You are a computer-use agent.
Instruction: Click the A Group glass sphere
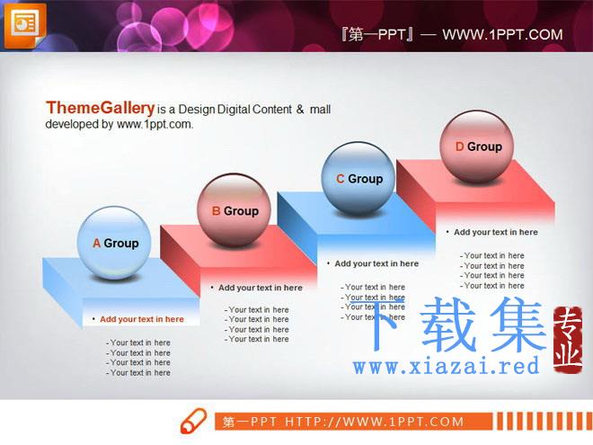114,244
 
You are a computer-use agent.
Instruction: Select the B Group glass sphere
234,210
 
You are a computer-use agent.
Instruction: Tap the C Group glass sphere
358,179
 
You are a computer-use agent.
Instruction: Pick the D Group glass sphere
476,147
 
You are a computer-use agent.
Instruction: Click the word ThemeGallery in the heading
101,108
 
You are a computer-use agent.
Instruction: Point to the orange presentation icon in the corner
25,25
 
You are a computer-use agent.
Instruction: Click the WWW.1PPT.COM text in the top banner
502,35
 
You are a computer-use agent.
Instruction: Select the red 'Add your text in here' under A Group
142,319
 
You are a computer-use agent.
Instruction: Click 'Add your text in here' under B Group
261,288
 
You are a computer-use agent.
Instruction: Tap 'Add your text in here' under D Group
496,232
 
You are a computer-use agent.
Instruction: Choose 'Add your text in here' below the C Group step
376,263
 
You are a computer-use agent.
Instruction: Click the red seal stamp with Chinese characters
568,340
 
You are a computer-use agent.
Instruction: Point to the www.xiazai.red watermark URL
447,366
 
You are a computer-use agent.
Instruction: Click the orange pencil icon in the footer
194,421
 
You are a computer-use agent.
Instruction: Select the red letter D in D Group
459,147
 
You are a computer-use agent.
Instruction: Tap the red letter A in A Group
96,244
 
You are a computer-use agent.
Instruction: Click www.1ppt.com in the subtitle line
155,124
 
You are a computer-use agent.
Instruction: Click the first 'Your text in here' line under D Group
492,256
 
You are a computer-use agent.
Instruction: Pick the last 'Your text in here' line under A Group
138,373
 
